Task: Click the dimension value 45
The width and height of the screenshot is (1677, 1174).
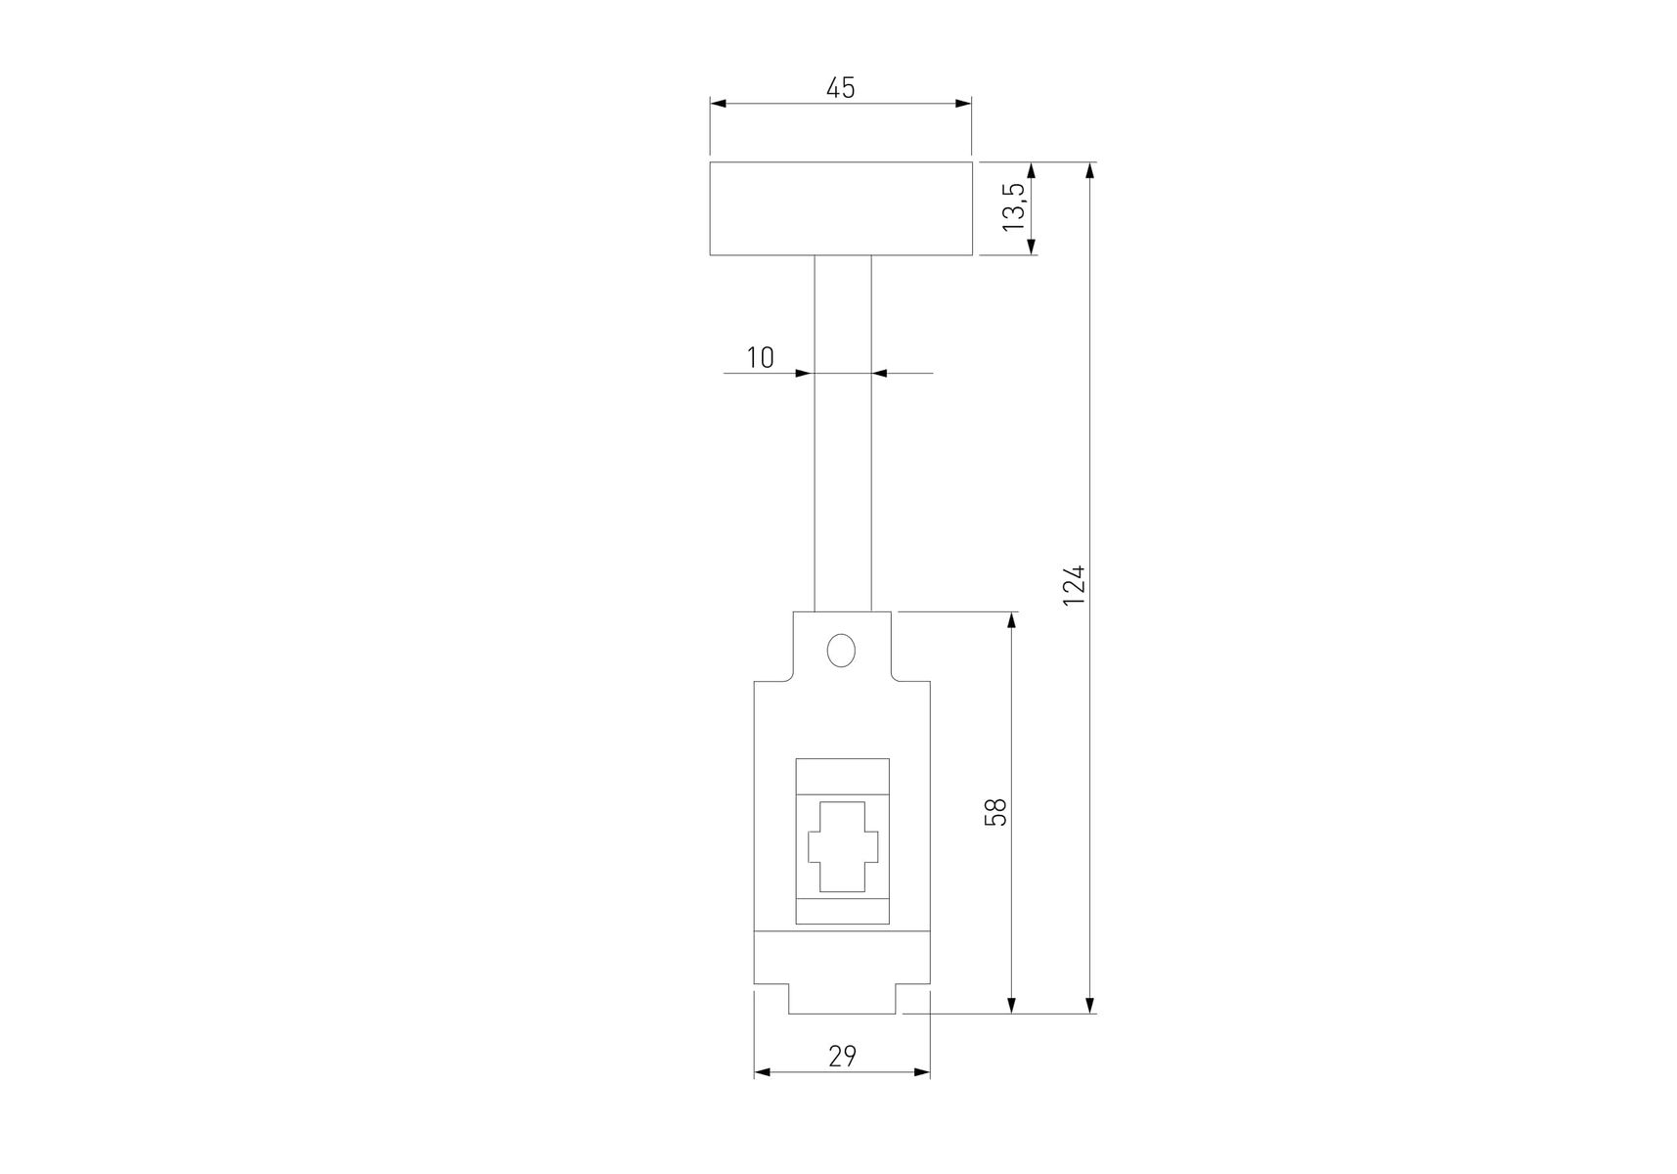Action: click(840, 88)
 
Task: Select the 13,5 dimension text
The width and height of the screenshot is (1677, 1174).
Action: click(1013, 207)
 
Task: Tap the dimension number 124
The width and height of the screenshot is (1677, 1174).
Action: click(1074, 584)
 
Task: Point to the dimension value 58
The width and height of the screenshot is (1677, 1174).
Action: click(994, 812)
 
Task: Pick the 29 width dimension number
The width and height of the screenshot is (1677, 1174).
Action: click(842, 1057)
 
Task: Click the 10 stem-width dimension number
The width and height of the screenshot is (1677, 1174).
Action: click(760, 358)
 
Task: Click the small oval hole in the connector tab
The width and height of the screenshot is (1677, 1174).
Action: click(840, 651)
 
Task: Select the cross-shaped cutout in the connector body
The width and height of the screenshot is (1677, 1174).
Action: click(843, 847)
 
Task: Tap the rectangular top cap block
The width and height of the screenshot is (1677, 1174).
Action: click(841, 208)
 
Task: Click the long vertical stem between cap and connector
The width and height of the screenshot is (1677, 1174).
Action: click(843, 433)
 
